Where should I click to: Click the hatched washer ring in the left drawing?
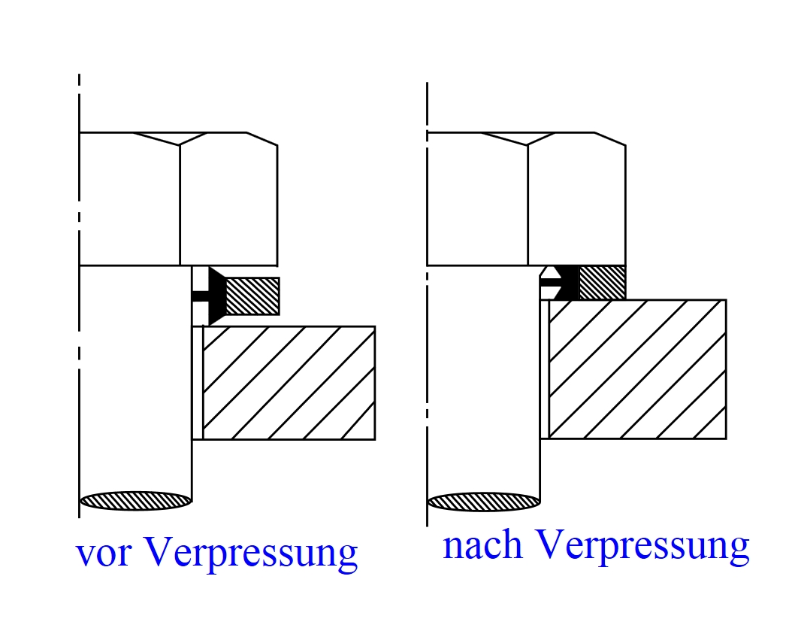(252, 296)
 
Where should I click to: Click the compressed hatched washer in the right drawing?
(601, 282)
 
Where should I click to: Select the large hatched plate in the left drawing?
(289, 383)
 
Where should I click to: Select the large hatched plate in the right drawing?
(637, 369)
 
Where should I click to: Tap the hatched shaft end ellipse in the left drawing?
(135, 500)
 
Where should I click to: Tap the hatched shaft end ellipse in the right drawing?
(483, 501)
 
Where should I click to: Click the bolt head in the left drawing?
(178, 199)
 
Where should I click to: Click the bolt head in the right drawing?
(526, 199)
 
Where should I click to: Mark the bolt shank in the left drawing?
(135, 376)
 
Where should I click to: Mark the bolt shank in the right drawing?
(483, 376)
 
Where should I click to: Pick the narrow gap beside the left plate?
(198, 383)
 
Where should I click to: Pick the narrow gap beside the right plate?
(545, 369)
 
